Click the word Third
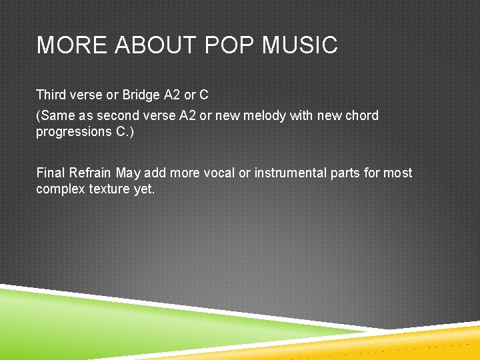pyautogui.click(x=51, y=95)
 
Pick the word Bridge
pyautogui.click(x=141, y=95)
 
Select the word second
pyautogui.click(x=117, y=115)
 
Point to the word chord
pyautogui.click(x=362, y=115)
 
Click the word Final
pyautogui.click(x=51, y=173)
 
